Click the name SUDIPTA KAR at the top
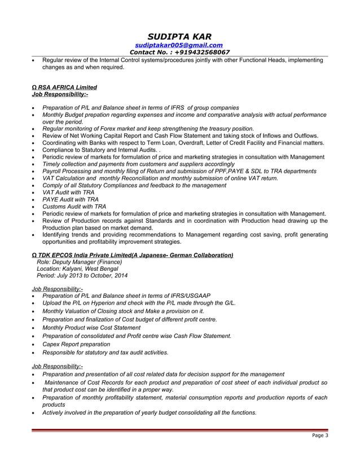click(x=179, y=37)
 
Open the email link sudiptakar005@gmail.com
click(x=179, y=45)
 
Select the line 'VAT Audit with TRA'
click(x=68, y=192)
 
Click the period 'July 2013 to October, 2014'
click(x=90, y=276)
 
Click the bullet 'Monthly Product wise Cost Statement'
click(x=91, y=328)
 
